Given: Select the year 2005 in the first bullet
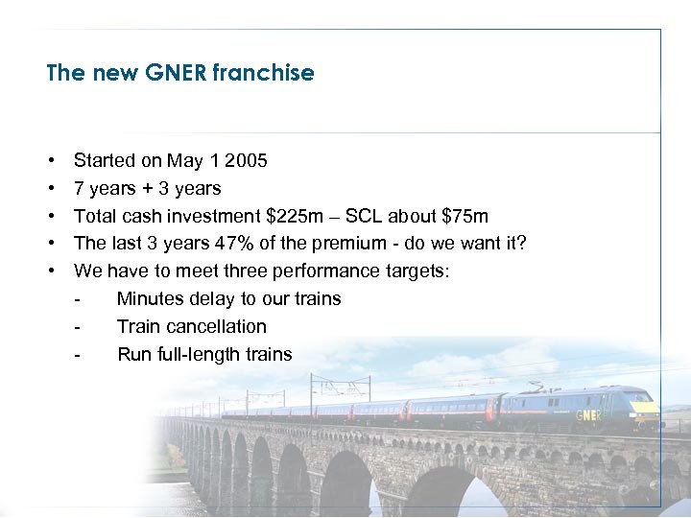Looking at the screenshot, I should click(x=247, y=160).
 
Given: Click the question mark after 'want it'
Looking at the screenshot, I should click(x=521, y=244).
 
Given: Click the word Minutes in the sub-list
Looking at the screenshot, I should click(x=151, y=299).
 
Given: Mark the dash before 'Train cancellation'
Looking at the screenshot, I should click(x=77, y=326).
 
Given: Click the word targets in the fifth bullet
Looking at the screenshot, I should click(x=417, y=271).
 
